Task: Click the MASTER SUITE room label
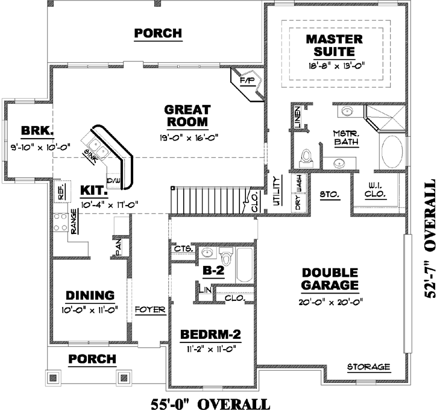[335, 46]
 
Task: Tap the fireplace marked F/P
[247, 81]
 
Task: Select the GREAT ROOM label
[187, 116]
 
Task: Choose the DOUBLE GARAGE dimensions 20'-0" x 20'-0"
[330, 302]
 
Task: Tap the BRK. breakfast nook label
[37, 131]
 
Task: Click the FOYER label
[150, 310]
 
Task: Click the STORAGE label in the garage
[368, 367]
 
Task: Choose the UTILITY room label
[277, 192]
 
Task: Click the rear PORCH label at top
[158, 33]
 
